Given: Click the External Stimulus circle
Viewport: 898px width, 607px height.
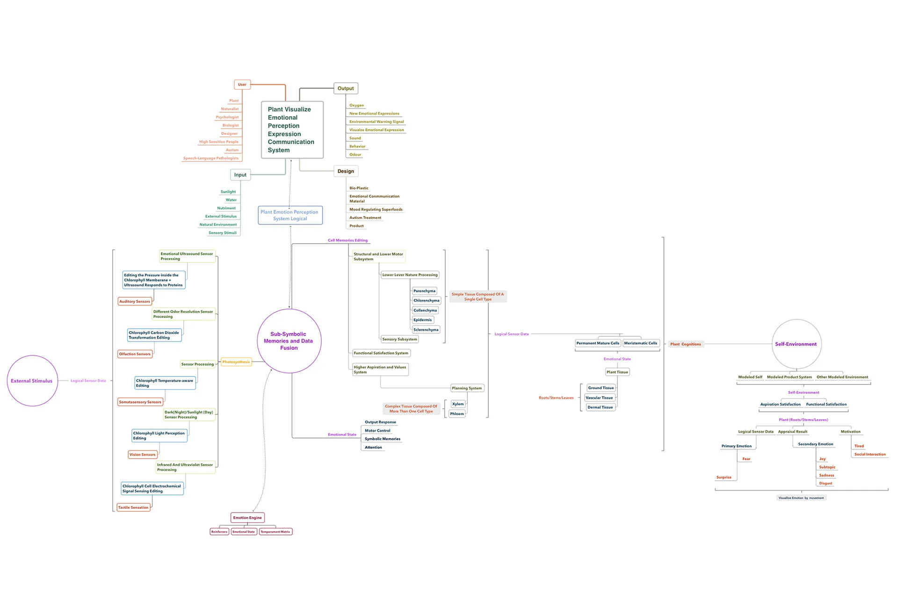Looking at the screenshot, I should (32, 381).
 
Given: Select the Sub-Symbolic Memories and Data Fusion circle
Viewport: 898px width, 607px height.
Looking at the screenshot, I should (289, 341).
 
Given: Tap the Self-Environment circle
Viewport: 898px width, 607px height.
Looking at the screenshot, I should (797, 344).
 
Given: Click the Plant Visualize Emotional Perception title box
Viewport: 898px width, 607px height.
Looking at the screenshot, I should (292, 130).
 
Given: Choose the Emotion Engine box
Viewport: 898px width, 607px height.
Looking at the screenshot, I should (247, 518).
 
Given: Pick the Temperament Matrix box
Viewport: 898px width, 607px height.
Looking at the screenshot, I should (275, 532).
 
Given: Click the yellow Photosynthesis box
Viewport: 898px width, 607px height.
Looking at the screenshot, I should (236, 362).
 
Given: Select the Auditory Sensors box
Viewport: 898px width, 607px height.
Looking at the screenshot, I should (135, 302).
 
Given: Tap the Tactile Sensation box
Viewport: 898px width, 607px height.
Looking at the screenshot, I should (133, 507).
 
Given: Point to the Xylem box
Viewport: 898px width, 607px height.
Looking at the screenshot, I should (458, 404).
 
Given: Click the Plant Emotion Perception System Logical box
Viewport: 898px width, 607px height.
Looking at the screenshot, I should (290, 215).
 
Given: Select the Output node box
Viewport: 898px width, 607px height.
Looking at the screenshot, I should (346, 88).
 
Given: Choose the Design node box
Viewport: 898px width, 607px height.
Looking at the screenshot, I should (346, 171).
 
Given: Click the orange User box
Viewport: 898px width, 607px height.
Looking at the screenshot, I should (242, 85).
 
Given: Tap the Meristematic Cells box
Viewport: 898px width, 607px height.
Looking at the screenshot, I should (640, 343).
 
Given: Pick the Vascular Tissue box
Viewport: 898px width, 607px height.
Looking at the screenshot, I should (599, 397).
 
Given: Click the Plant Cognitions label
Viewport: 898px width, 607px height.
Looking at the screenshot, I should (685, 344).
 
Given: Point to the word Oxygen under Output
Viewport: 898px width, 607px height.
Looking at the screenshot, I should (356, 105).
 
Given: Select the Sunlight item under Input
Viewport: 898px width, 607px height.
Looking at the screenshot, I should (228, 192).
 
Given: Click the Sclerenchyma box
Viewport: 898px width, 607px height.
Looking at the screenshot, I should (426, 330).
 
